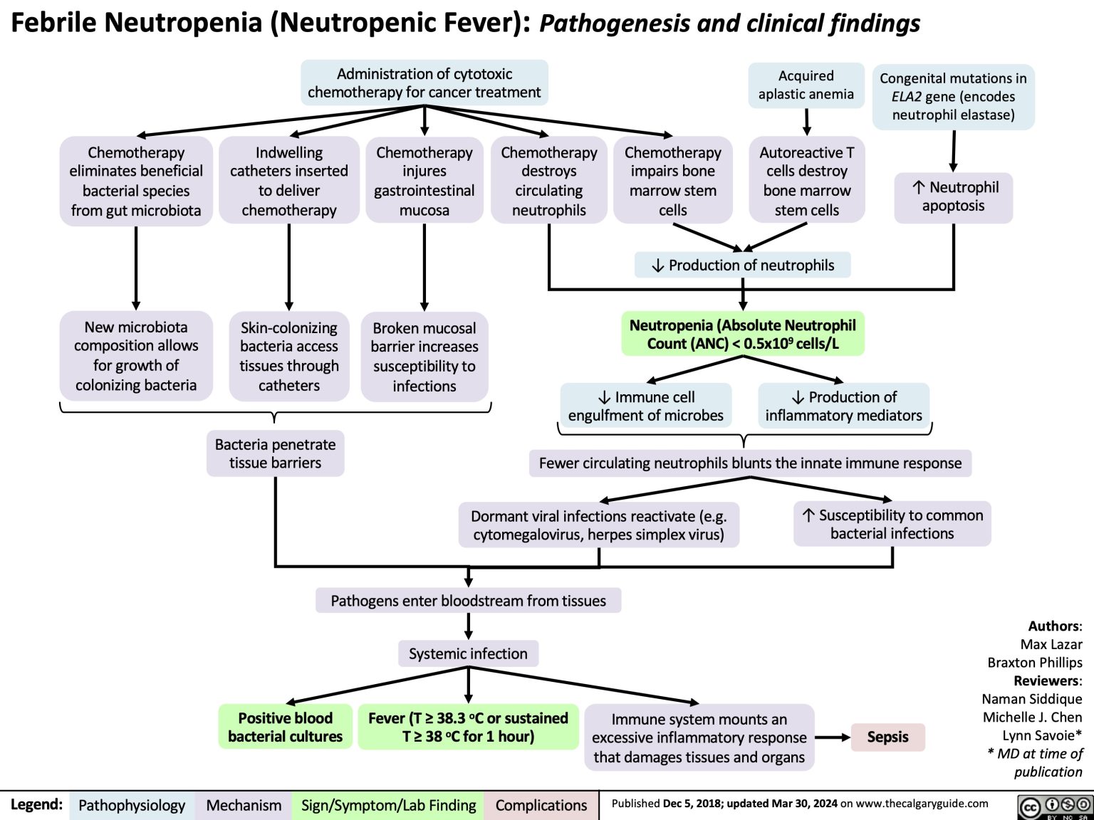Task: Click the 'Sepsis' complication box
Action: pyautogui.click(x=887, y=737)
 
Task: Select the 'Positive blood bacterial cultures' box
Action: pyautogui.click(x=285, y=727)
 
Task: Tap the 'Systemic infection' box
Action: pyautogui.click(x=468, y=653)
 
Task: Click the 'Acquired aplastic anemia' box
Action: pyautogui.click(x=806, y=85)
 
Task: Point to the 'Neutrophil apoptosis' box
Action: pyautogui.click(x=953, y=196)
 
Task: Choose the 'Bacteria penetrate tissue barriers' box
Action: pyautogui.click(x=275, y=453)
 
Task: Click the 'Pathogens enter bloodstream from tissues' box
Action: pyautogui.click(x=468, y=601)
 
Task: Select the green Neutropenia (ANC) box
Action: pyautogui.click(x=742, y=335)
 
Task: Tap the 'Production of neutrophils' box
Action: pyautogui.click(x=743, y=266)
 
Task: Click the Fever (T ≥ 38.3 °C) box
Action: pyautogui.click(x=468, y=727)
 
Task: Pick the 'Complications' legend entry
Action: pyautogui.click(x=541, y=805)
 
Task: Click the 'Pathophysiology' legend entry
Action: pyautogui.click(x=132, y=805)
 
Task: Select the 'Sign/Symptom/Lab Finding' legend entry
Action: pyautogui.click(x=388, y=805)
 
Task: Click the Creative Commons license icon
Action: pyautogui.click(x=1052, y=806)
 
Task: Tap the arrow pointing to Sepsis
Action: pyautogui.click(x=833, y=737)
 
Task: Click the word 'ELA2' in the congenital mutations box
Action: pyautogui.click(x=906, y=97)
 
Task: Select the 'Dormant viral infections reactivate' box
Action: pyautogui.click(x=598, y=525)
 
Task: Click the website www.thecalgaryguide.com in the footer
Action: pyautogui.click(x=922, y=804)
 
